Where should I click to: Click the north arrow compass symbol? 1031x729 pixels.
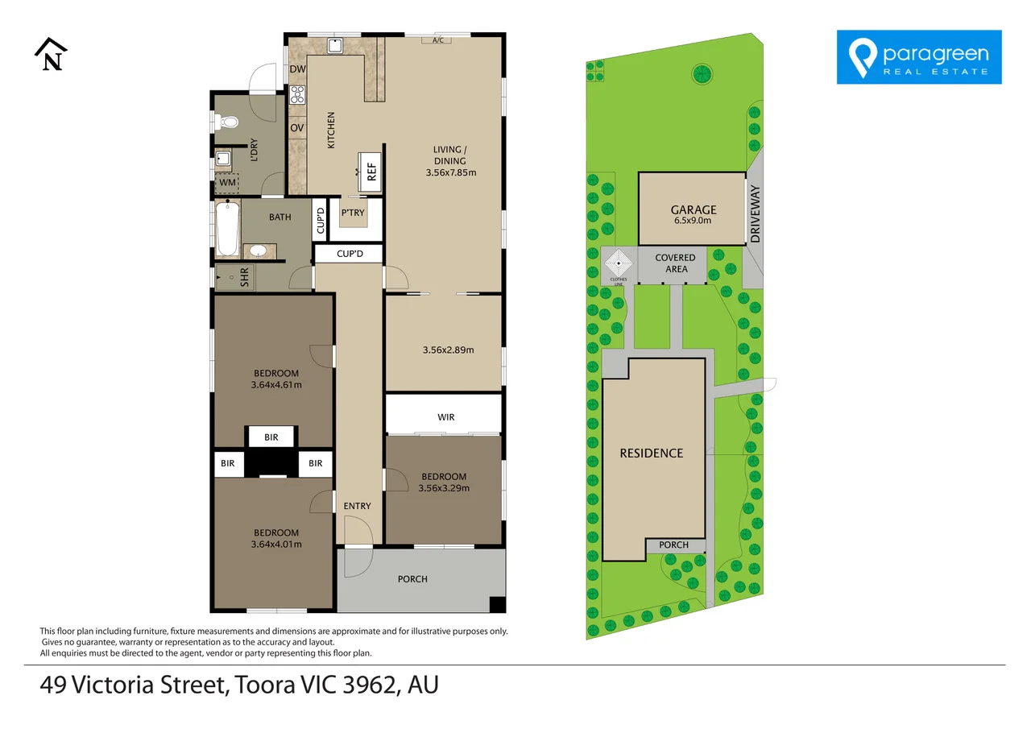click(x=51, y=54)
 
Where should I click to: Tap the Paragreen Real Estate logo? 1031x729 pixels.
click(x=919, y=57)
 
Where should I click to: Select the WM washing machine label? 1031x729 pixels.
click(x=227, y=182)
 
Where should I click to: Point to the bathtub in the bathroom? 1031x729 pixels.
click(x=227, y=229)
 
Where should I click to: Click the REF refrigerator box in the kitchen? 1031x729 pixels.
click(x=370, y=172)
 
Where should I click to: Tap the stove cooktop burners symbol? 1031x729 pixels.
click(x=297, y=94)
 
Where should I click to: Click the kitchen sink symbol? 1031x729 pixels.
click(x=334, y=46)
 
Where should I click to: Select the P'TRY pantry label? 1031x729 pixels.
click(x=353, y=213)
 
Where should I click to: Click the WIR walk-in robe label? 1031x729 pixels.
click(x=446, y=417)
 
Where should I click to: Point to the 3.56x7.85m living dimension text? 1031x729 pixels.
click(x=451, y=172)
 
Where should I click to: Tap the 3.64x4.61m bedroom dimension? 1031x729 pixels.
click(x=276, y=385)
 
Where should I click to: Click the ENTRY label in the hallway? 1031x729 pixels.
click(x=357, y=506)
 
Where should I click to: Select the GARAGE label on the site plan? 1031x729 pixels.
click(x=694, y=210)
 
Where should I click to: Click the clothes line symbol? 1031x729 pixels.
click(x=619, y=263)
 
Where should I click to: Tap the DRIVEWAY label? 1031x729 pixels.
click(x=756, y=214)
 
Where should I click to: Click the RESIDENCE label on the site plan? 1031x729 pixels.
click(x=652, y=454)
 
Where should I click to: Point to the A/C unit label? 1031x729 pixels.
click(x=438, y=40)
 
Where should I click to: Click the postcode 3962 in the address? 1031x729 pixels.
click(x=369, y=685)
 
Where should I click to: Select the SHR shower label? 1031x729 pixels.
click(x=244, y=278)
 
